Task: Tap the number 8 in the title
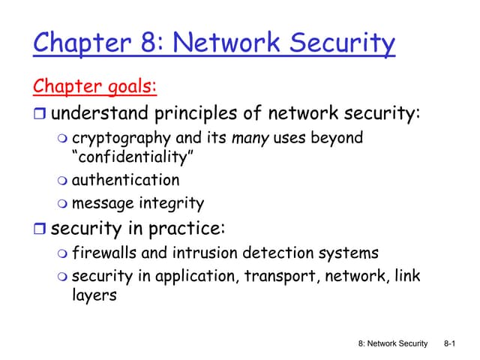(149, 43)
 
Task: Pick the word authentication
(125, 180)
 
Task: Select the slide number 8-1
(451, 344)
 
